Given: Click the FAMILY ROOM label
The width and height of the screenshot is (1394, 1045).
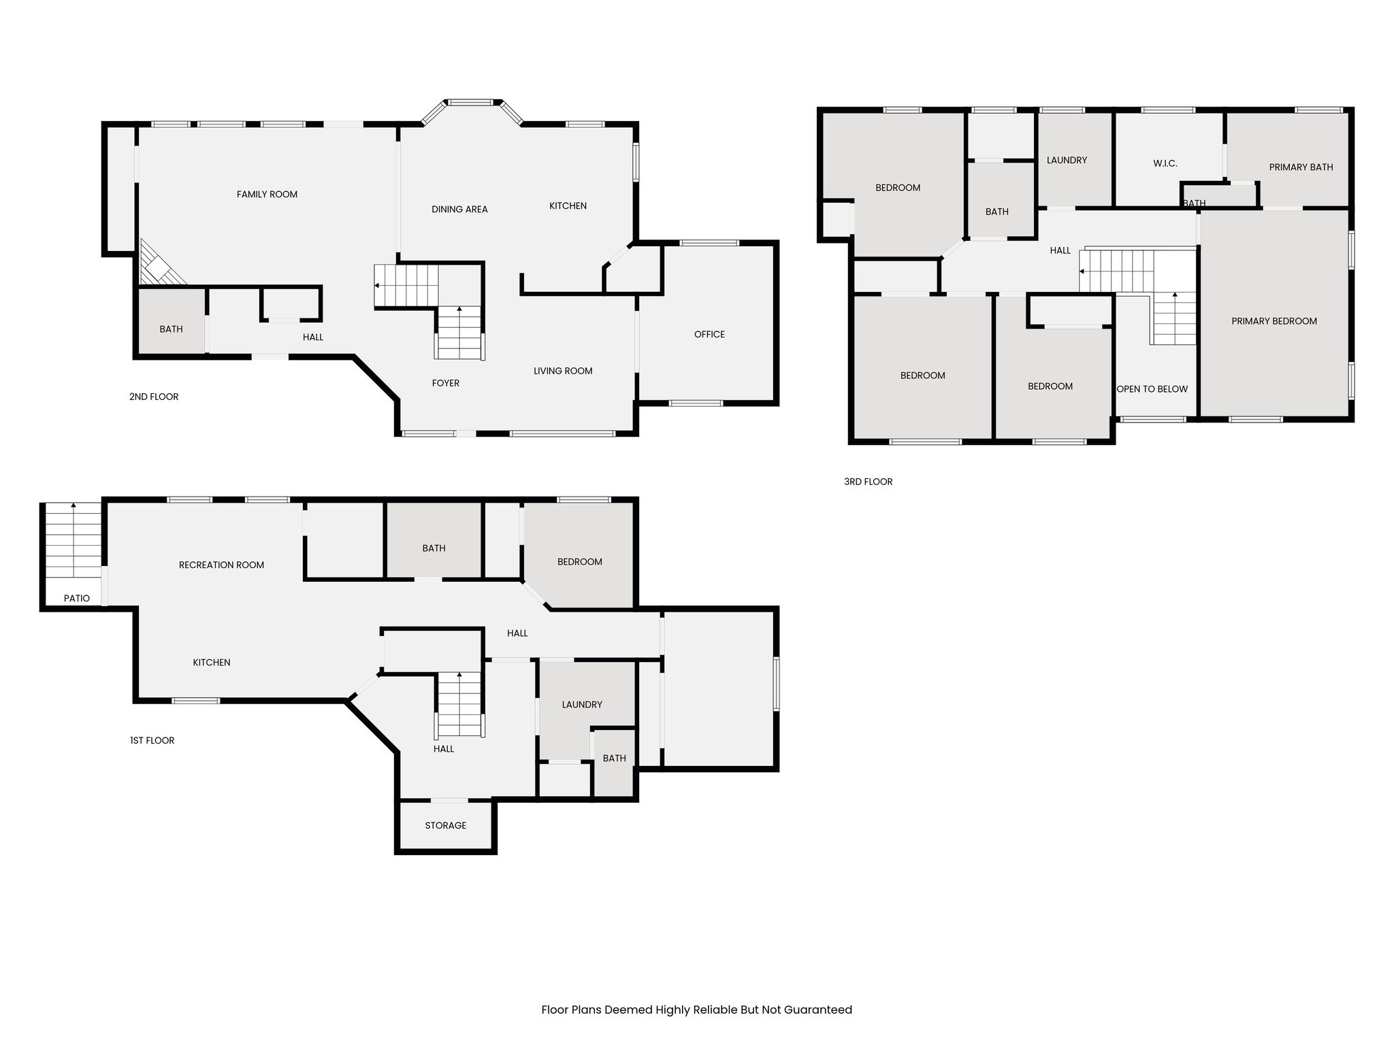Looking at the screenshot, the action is pyautogui.click(x=267, y=195).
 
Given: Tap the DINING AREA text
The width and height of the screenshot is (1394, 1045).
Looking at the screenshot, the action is pyautogui.click(x=459, y=210).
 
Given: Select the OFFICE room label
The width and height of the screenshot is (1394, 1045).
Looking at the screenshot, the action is pyautogui.click(x=709, y=335).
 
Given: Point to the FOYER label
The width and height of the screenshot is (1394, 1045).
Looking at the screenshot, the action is pyautogui.click(x=446, y=384).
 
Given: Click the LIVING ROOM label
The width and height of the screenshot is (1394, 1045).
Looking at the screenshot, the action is pyautogui.click(x=563, y=371).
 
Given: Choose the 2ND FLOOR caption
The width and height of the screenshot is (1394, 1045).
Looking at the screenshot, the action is pyautogui.click(x=154, y=397).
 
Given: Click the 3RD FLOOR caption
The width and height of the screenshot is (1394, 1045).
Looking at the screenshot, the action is pyautogui.click(x=869, y=482).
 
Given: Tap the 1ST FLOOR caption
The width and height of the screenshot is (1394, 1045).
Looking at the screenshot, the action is pyautogui.click(x=152, y=741).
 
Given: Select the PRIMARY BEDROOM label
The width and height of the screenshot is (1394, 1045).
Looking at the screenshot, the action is pyautogui.click(x=1274, y=322).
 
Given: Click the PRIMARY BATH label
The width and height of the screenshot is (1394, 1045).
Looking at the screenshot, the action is pyautogui.click(x=1301, y=167).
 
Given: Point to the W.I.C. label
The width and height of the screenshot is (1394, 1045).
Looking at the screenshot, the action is pyautogui.click(x=1165, y=164).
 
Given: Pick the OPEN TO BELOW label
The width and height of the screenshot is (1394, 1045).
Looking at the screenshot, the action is pyautogui.click(x=1152, y=390).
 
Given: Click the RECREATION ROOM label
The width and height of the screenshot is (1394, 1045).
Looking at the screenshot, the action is pyautogui.click(x=221, y=565).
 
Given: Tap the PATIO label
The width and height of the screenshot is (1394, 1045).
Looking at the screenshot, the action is pyautogui.click(x=77, y=599).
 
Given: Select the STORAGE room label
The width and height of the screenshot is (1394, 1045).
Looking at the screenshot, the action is pyautogui.click(x=446, y=826).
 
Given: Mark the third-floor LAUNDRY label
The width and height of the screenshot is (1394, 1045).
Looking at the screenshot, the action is pyautogui.click(x=1067, y=161).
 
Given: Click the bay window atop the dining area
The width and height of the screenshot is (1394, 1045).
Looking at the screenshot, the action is pyautogui.click(x=471, y=111).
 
